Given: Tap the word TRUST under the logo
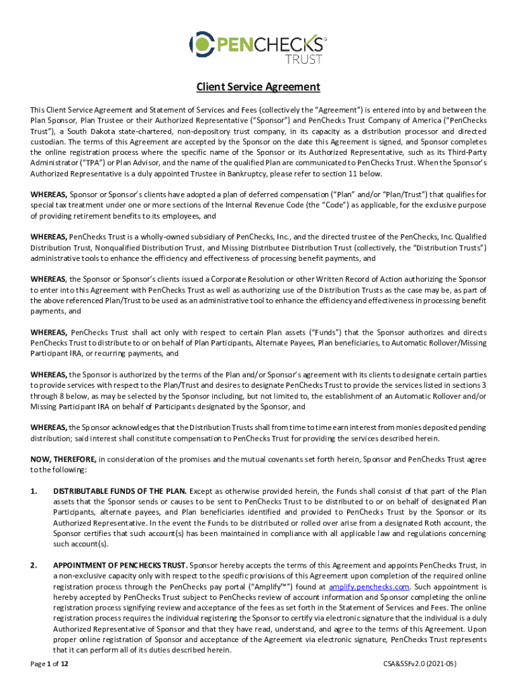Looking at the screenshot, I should pos(305,59).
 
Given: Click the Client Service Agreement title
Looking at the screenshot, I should pos(258,87).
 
